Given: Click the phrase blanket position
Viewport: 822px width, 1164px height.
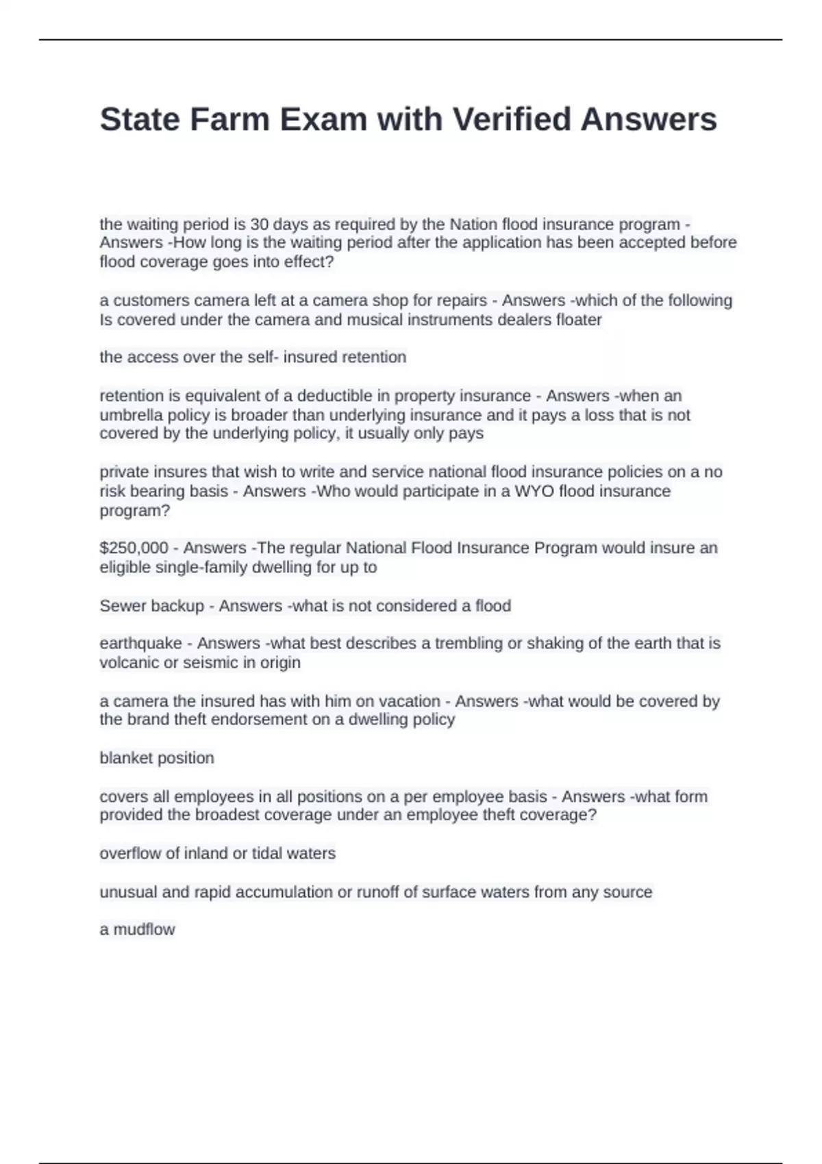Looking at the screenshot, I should point(157,758).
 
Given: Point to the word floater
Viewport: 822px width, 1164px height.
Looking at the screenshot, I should point(580,320).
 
